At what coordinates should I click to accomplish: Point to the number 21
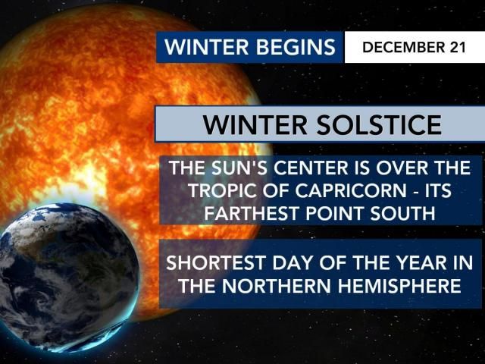coord(456,47)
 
